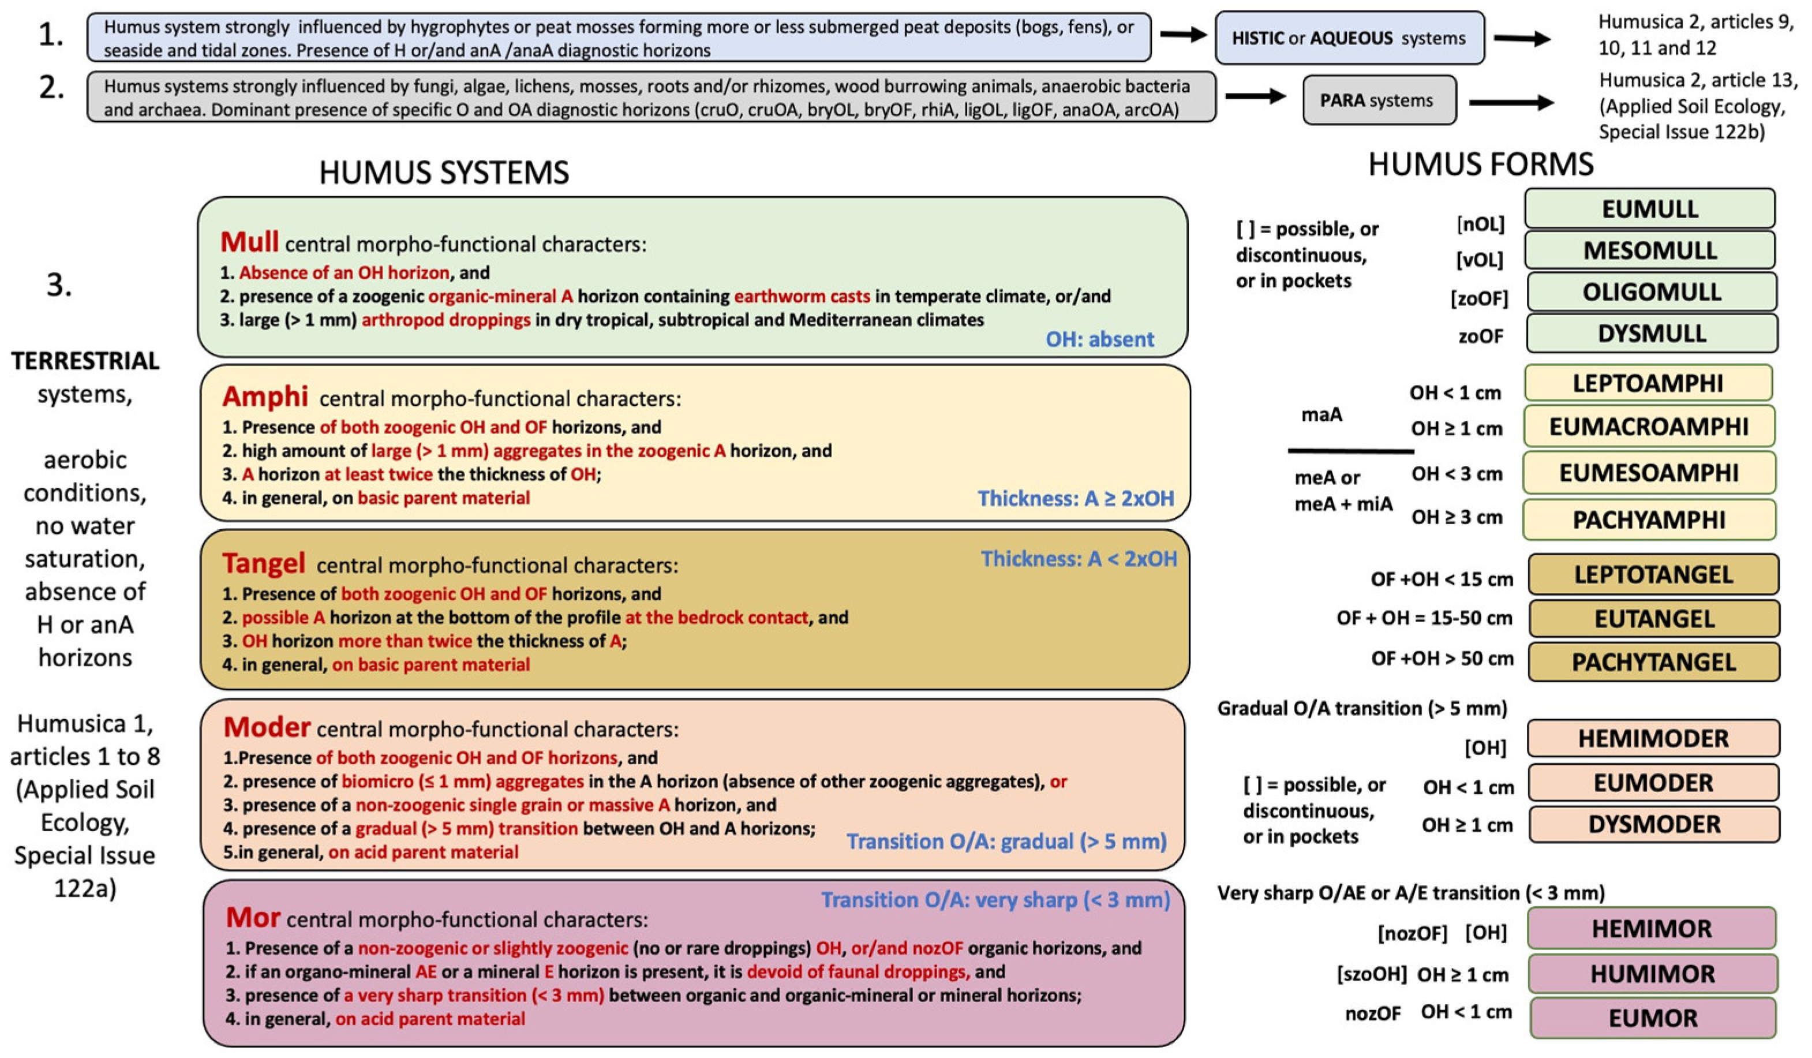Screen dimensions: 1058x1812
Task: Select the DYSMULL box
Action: coord(1651,334)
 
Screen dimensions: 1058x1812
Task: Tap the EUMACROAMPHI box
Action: coord(1648,427)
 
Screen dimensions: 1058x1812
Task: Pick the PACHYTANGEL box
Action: coord(1653,661)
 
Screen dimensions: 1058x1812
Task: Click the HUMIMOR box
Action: coord(1652,974)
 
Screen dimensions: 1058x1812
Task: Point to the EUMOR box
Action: coord(1652,1018)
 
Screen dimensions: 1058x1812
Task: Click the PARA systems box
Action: coord(1379,100)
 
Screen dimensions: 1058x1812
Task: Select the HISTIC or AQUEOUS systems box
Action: coord(1349,38)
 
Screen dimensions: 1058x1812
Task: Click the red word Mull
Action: coord(249,242)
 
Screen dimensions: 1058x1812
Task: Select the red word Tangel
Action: coord(263,563)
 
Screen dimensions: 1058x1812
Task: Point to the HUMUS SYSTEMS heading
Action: coord(444,173)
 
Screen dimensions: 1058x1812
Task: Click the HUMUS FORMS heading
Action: coord(1481,165)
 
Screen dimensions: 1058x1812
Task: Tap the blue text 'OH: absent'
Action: coord(1099,339)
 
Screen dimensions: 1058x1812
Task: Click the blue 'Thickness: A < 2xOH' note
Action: coord(1079,559)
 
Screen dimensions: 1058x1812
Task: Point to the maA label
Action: coord(1321,414)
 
